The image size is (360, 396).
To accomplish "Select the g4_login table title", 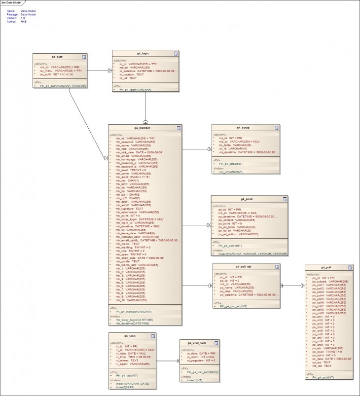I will (x=145, y=53).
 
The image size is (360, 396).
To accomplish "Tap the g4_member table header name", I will (x=144, y=128).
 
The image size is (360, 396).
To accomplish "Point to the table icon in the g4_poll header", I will (x=349, y=268).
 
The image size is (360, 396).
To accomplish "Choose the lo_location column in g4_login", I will (x=132, y=74).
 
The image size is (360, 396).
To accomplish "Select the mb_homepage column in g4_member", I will (x=137, y=160).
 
